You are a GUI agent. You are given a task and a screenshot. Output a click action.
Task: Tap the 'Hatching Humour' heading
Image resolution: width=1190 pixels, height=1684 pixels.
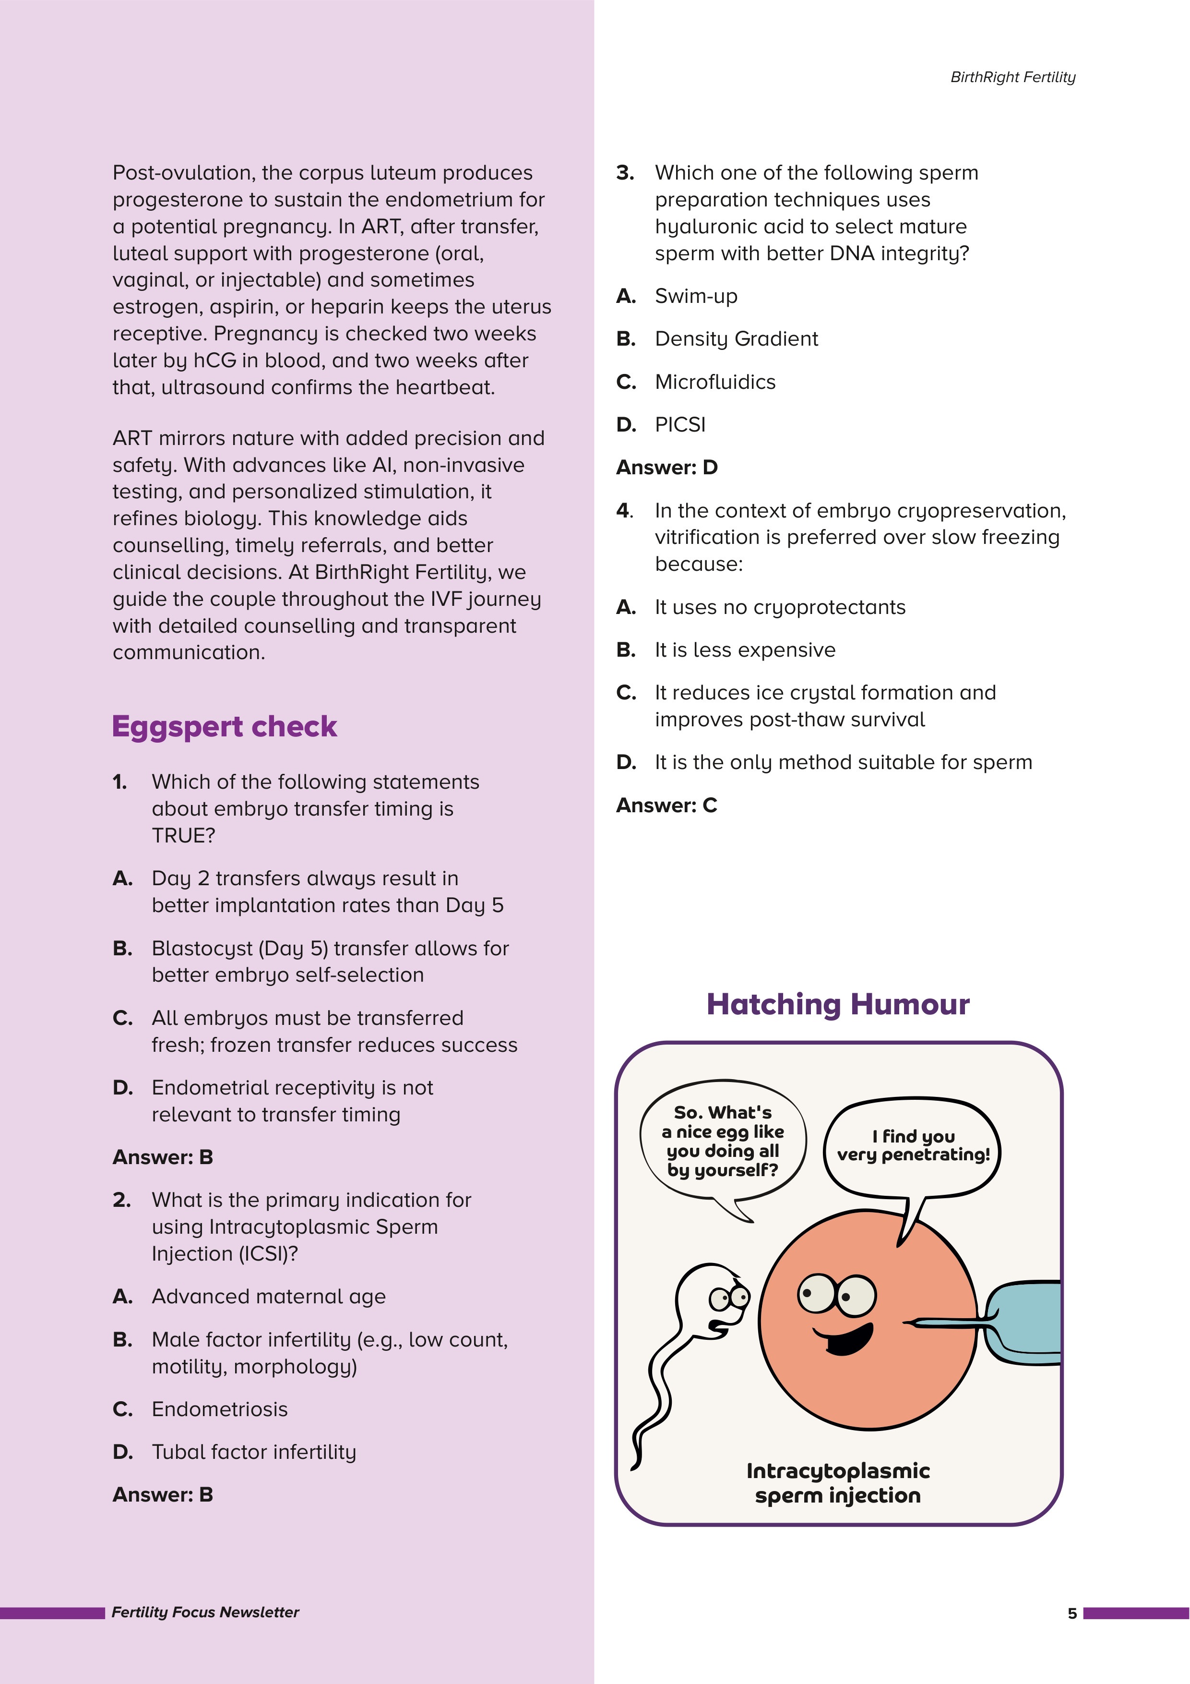(837, 1004)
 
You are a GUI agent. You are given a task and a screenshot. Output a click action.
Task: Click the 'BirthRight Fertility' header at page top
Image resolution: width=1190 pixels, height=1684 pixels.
(1012, 77)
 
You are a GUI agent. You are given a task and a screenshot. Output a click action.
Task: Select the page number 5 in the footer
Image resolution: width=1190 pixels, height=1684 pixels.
(1072, 1613)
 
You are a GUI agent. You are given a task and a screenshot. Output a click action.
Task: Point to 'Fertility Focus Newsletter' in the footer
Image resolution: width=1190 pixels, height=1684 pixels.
(205, 1612)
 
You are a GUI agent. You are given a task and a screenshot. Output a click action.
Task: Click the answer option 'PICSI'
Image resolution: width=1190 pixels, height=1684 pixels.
(679, 425)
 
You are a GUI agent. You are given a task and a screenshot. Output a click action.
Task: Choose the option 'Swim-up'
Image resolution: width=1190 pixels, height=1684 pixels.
(696, 296)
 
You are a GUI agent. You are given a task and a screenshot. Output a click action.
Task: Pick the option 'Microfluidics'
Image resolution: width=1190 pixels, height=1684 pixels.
(715, 382)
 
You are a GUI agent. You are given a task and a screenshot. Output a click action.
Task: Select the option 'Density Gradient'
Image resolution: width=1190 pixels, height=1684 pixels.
(736, 339)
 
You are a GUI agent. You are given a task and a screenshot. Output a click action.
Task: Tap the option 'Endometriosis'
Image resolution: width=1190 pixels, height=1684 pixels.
(219, 1409)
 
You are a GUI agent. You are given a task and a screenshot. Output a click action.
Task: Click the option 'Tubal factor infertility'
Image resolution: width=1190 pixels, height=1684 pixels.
(254, 1452)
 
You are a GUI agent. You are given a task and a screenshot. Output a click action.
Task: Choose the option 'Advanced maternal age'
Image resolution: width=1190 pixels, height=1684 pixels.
(268, 1297)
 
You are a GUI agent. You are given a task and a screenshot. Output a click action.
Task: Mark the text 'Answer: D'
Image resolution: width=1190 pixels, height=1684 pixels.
(666, 467)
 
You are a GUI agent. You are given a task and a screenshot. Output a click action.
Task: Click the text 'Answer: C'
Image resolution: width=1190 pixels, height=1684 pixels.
(666, 806)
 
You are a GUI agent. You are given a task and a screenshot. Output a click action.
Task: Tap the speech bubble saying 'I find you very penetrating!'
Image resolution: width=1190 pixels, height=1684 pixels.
(913, 1146)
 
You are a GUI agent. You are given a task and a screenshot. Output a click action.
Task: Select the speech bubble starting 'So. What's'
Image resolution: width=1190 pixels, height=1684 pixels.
(722, 1141)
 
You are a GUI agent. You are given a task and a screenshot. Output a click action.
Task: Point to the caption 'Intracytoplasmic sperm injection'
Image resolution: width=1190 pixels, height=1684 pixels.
(837, 1483)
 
